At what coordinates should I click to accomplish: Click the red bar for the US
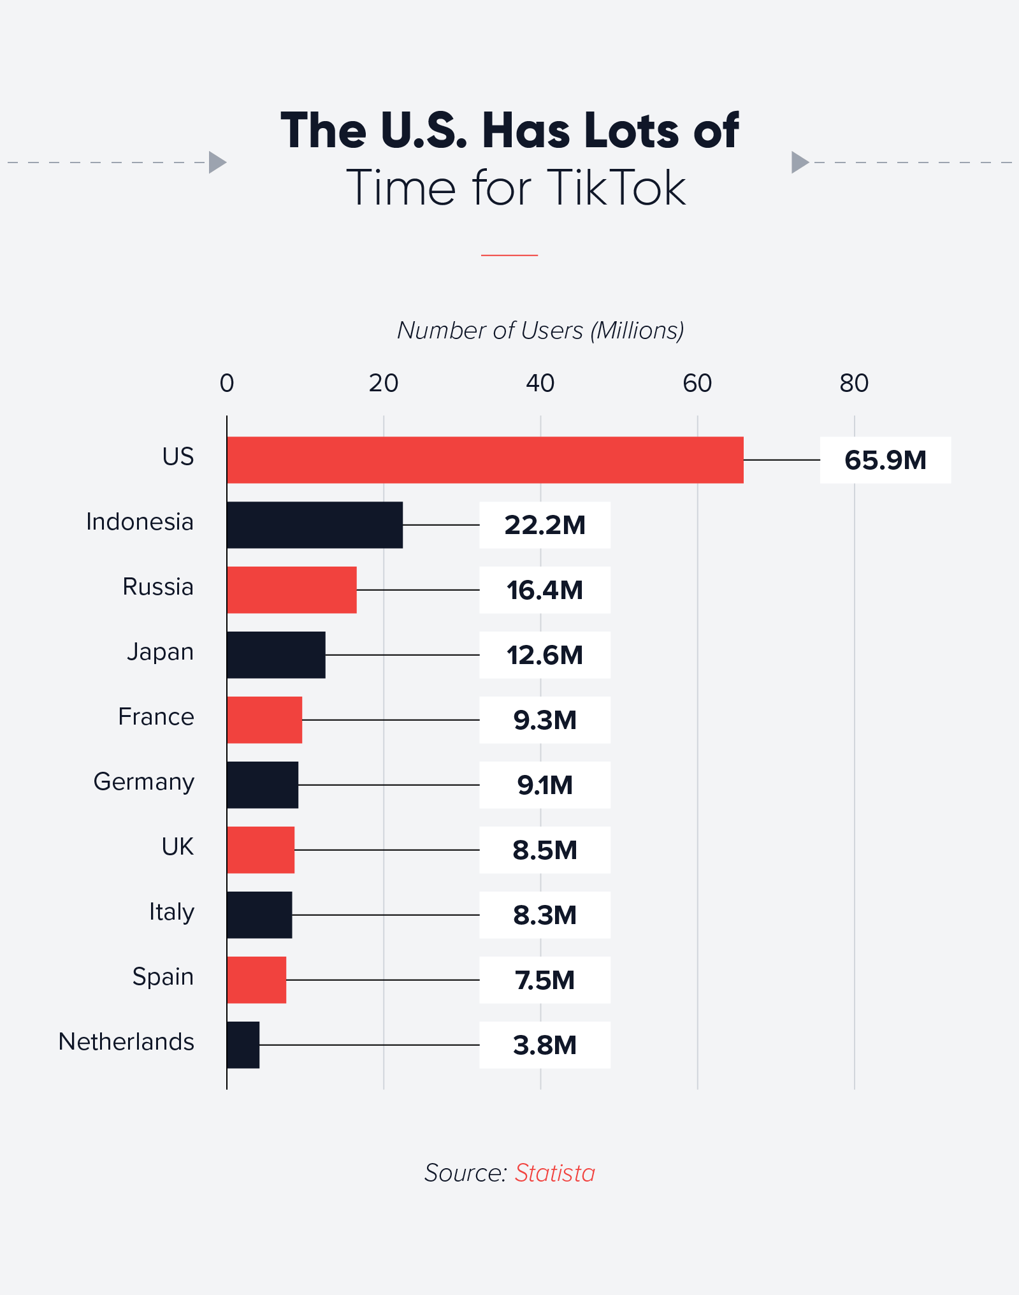(x=484, y=459)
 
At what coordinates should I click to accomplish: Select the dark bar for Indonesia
(x=315, y=525)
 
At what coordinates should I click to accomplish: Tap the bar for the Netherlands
(x=243, y=1045)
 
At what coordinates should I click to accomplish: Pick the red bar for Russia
(x=292, y=590)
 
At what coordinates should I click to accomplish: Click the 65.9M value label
(x=885, y=459)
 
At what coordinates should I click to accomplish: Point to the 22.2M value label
(x=544, y=525)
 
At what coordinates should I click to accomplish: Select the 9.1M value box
(x=544, y=785)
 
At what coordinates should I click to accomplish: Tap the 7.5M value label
(x=544, y=980)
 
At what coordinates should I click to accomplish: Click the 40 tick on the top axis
(x=540, y=383)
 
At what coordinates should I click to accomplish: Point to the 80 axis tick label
(x=853, y=383)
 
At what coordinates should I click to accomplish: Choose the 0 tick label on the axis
(x=227, y=383)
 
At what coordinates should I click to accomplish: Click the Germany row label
(x=144, y=782)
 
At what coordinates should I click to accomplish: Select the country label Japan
(x=160, y=652)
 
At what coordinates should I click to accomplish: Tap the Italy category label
(x=171, y=912)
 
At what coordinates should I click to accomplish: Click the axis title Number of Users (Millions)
(x=540, y=330)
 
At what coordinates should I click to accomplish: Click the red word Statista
(x=554, y=1173)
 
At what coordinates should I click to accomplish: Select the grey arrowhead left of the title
(x=217, y=162)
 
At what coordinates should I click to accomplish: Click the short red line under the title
(x=509, y=255)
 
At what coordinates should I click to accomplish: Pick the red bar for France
(x=264, y=720)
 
